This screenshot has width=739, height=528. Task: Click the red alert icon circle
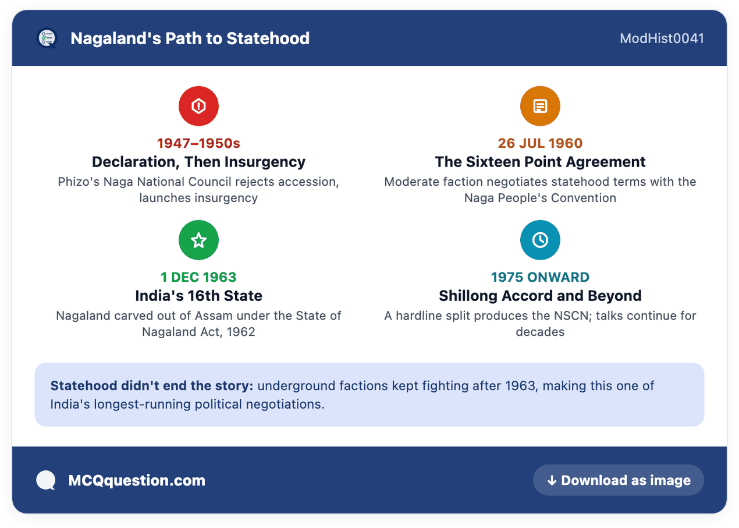coord(198,106)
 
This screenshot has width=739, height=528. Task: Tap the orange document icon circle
coord(540,106)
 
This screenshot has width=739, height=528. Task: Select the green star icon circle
coord(198,240)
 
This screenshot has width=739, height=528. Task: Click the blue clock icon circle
coord(540,240)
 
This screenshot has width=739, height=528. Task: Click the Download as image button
coord(619,480)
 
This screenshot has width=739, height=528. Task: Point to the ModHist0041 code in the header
coord(662,38)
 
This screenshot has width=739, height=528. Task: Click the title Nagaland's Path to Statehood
coord(190,38)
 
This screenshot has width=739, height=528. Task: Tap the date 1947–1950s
coord(198,143)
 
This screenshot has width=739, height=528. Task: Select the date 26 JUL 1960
coord(540,143)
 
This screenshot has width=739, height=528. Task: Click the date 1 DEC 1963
coord(198,277)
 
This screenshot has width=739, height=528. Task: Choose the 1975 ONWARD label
coord(540,277)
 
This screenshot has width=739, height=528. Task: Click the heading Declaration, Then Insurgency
coord(198,162)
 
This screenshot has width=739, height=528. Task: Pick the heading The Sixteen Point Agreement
coord(540,162)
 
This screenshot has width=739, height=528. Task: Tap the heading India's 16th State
coord(198,296)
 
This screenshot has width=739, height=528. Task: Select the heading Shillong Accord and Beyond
coord(540,296)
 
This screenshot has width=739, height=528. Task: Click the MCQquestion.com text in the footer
coord(137,480)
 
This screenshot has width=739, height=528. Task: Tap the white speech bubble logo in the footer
coord(46,480)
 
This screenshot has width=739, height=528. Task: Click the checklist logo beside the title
coord(47,38)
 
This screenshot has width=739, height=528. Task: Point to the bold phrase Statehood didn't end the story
coord(152,386)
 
